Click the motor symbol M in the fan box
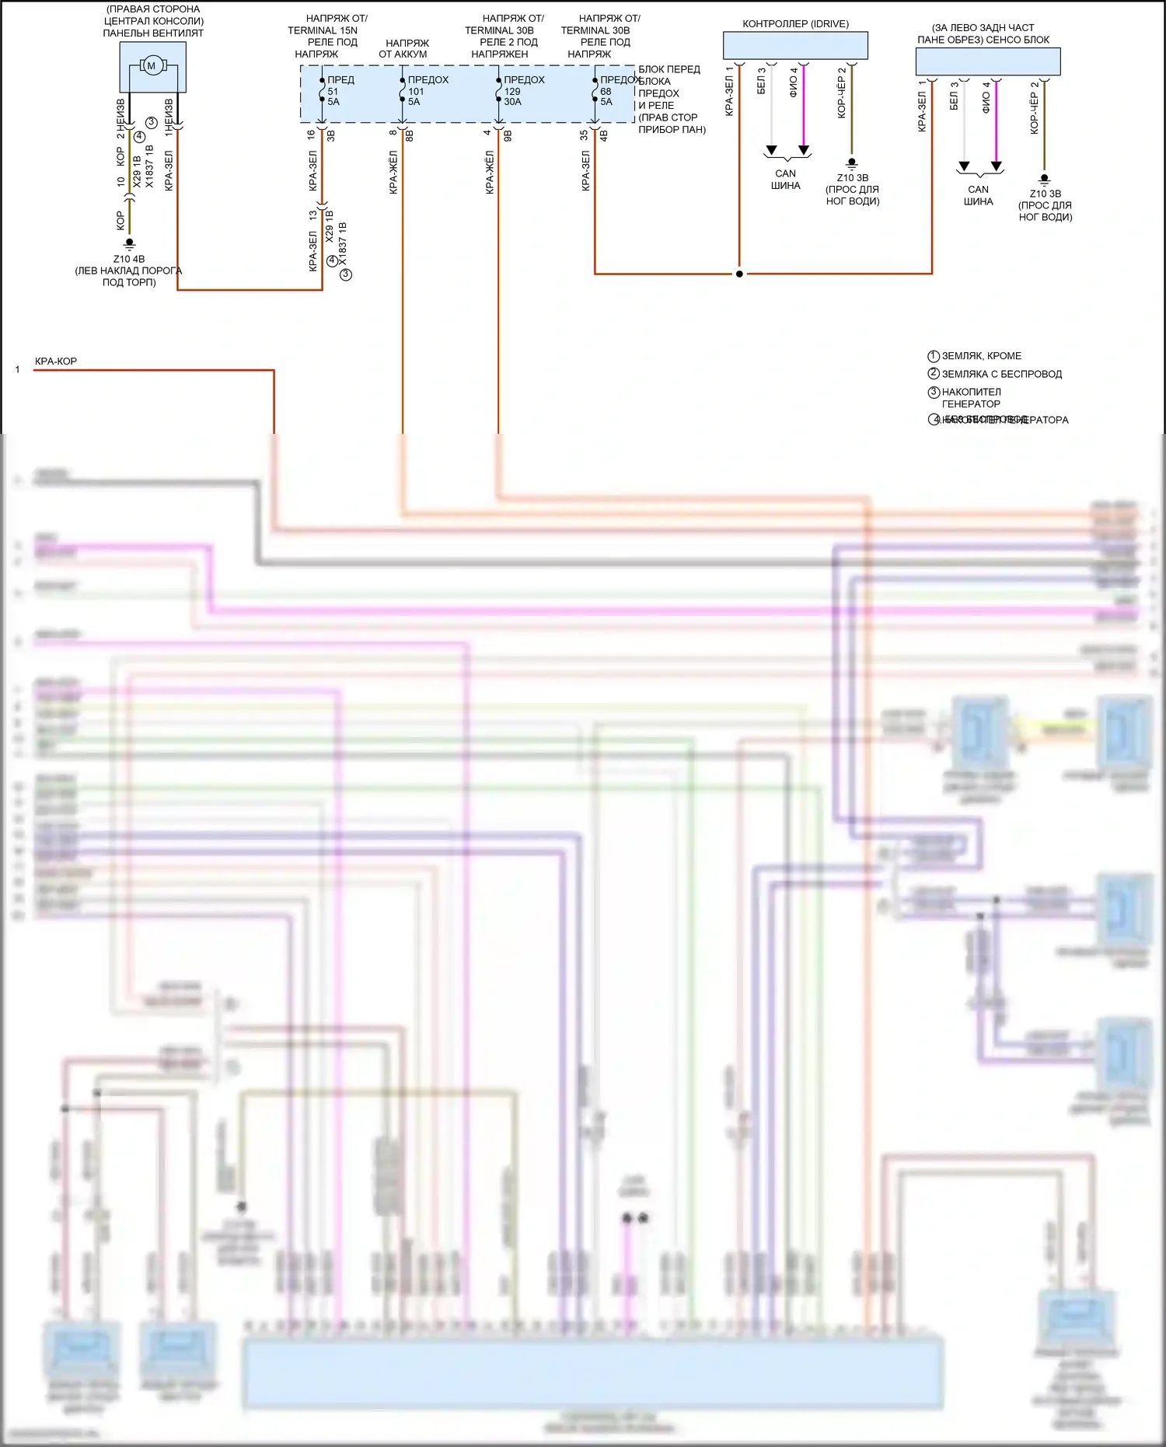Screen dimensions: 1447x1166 click(x=152, y=66)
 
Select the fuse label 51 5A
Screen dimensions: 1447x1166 click(x=333, y=96)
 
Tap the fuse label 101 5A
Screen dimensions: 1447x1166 click(x=416, y=96)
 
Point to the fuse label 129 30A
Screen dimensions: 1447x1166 click(x=512, y=96)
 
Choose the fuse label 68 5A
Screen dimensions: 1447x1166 click(x=606, y=96)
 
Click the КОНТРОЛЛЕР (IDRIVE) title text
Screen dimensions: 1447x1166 click(x=795, y=24)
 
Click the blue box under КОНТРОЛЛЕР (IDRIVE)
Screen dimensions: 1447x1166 click(x=795, y=46)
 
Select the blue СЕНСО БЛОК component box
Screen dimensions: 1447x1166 click(x=987, y=61)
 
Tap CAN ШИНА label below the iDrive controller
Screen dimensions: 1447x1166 click(x=786, y=180)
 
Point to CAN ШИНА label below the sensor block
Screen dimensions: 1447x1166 click(x=978, y=195)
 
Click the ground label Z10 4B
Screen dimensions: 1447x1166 click(x=129, y=259)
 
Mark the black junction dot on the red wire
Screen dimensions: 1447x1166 click(x=739, y=274)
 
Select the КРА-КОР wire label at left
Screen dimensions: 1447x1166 click(x=56, y=362)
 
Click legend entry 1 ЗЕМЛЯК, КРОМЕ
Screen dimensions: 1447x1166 click(x=982, y=356)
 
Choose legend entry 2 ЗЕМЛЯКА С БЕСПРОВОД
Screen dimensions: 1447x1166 click(x=1001, y=374)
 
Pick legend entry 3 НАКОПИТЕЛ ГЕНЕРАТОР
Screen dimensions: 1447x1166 click(x=971, y=397)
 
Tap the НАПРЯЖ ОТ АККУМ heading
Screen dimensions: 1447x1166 click(x=403, y=48)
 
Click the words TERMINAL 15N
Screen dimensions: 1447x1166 click(x=323, y=30)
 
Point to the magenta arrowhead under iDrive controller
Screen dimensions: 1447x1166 click(x=804, y=150)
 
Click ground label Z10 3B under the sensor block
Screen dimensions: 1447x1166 click(x=1045, y=194)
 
